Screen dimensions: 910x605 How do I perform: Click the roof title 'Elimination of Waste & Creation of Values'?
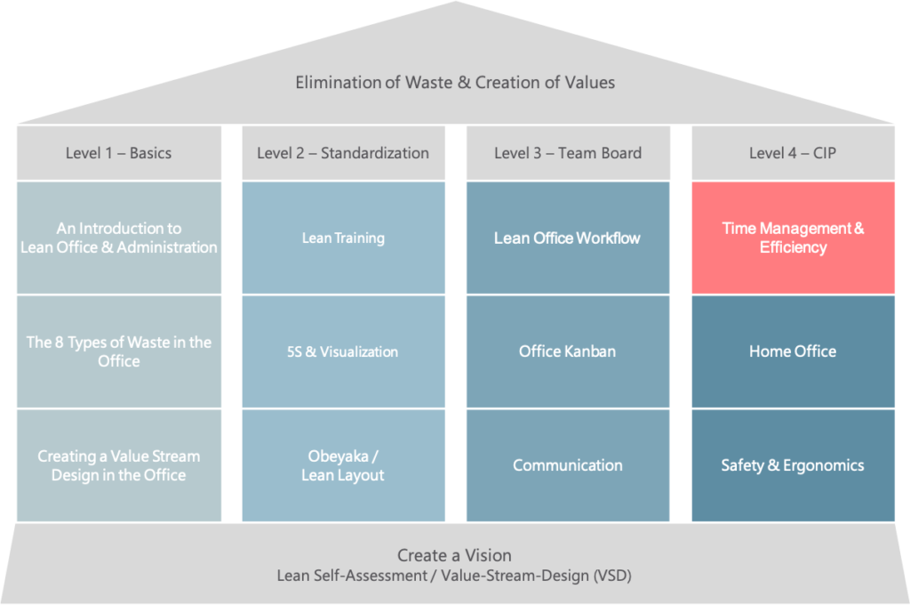(x=455, y=83)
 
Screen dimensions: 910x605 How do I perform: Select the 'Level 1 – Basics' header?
(x=119, y=153)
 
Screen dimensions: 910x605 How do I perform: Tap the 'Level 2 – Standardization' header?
(x=344, y=153)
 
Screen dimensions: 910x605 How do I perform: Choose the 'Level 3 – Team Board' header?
(x=568, y=153)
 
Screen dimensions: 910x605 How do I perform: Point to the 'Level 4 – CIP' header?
(x=793, y=153)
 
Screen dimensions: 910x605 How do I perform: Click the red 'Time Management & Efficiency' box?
(x=793, y=238)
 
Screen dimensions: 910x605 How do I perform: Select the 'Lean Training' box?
(x=344, y=238)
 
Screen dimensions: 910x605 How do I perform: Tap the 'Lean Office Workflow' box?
(x=568, y=238)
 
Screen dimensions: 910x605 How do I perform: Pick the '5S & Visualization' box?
(x=344, y=351)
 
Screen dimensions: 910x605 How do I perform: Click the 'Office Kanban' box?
(x=568, y=351)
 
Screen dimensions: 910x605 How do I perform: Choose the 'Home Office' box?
(x=793, y=351)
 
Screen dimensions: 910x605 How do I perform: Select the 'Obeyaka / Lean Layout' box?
(x=344, y=465)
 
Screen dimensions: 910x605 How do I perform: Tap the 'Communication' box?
(x=568, y=465)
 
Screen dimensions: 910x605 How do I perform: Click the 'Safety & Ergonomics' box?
(x=793, y=465)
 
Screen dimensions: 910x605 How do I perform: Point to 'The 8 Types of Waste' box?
(x=119, y=351)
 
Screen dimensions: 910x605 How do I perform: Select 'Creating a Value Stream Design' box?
(x=119, y=465)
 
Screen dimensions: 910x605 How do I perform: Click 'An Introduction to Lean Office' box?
(x=119, y=238)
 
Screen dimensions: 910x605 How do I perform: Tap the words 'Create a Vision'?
(x=454, y=555)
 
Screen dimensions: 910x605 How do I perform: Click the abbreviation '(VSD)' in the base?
(x=611, y=576)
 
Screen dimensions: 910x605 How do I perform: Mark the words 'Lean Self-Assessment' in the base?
(x=351, y=576)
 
